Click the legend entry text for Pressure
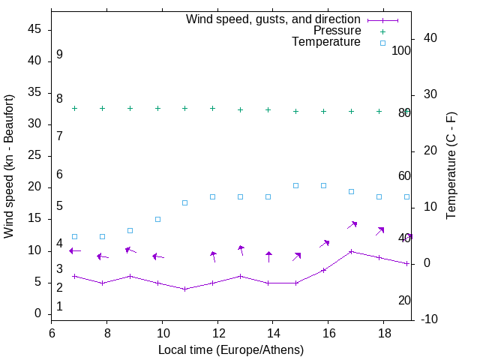pyautogui.click(x=337, y=31)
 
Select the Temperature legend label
pyautogui.click(x=326, y=43)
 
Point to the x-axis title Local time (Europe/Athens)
pyautogui.click(x=231, y=349)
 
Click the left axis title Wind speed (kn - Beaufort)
pyautogui.click(x=9, y=166)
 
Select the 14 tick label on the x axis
pyautogui.click(x=273, y=331)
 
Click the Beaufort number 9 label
pyautogui.click(x=59, y=55)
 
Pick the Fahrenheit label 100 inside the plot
pyautogui.click(x=401, y=51)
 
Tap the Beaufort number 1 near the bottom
pyautogui.click(x=59, y=307)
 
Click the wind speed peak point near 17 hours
pyautogui.click(x=351, y=251)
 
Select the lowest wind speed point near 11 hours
pyautogui.click(x=185, y=289)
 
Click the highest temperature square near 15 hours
pyautogui.click(x=296, y=185)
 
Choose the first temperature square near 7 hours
pyautogui.click(x=74, y=236)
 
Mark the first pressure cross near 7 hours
pyautogui.click(x=74, y=108)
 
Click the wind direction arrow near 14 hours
pyautogui.click(x=268, y=257)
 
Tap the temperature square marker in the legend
pyautogui.click(x=382, y=43)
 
